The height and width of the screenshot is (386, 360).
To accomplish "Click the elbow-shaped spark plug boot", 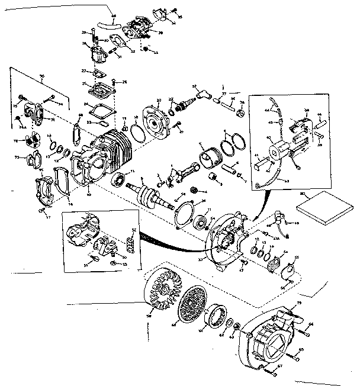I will (201, 92).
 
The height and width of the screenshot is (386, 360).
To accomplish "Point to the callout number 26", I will (126, 81).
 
